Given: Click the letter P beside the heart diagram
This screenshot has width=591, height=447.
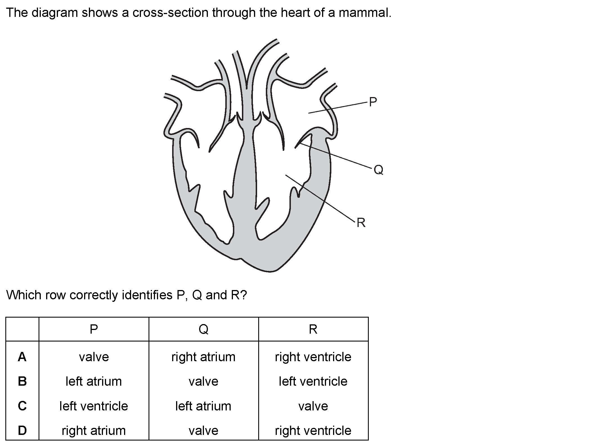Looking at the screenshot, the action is [373, 102].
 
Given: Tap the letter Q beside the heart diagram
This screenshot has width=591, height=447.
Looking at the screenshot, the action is [378, 170].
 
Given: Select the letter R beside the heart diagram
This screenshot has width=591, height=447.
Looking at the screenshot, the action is [361, 223].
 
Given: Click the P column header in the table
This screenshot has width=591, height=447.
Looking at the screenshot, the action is [94, 329].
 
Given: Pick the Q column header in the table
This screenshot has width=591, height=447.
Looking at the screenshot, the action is [203, 329].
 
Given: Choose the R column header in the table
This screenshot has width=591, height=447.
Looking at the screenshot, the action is [313, 329].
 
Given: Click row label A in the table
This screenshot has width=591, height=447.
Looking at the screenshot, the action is [22, 357].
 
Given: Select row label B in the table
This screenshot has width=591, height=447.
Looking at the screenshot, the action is [22, 381].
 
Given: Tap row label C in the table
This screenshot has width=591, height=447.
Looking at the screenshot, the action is [22, 406].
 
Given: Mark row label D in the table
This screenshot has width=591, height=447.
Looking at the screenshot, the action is [22, 430].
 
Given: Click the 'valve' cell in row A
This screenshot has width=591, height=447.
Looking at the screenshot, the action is [94, 357].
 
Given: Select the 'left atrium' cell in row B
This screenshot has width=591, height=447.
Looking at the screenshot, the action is [94, 381].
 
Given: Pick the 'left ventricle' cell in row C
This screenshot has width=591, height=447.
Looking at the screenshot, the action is [94, 406].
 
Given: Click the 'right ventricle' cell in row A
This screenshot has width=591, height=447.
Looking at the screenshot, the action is [313, 357].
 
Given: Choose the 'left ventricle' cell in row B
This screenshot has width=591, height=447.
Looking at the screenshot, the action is [313, 381].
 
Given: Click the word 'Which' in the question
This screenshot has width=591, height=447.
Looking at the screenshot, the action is [24, 295].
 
